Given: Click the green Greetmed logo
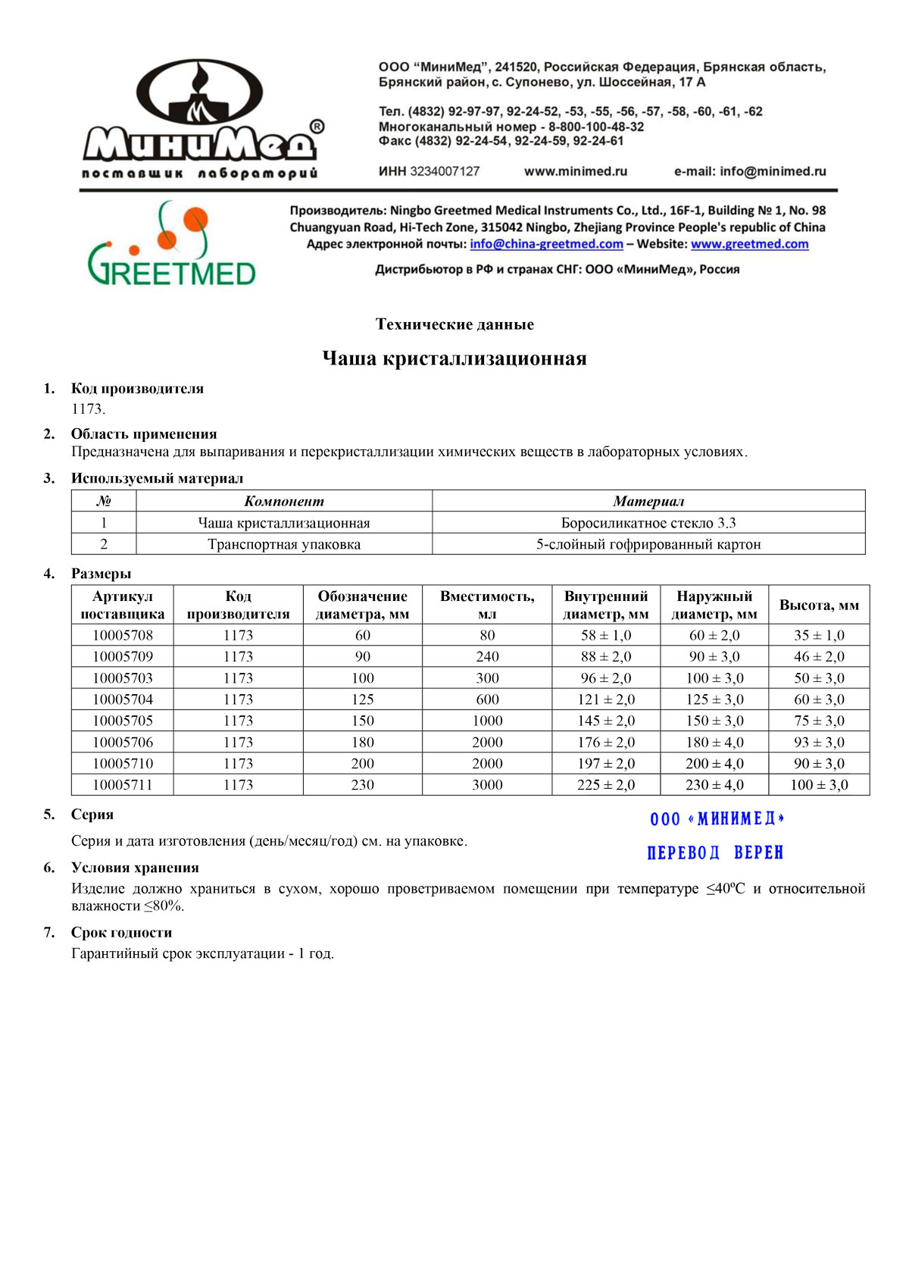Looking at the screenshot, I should [172, 244].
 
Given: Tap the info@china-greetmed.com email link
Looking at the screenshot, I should [546, 244].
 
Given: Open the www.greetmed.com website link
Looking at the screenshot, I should [749, 244].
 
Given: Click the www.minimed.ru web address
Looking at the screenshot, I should [576, 171].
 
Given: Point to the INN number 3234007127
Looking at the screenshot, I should [445, 171].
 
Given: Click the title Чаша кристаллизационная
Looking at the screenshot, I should [454, 358].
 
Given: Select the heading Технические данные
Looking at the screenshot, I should [454, 324].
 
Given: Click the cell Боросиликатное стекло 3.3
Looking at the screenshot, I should [648, 523].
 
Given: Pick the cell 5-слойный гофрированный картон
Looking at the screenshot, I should [648, 544].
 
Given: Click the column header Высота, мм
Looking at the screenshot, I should [819, 605].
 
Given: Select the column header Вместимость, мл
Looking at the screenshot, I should [487, 605].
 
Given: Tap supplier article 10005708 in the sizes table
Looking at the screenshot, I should [123, 635].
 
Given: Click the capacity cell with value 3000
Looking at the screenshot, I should [487, 785].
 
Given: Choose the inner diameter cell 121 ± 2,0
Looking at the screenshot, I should [606, 699].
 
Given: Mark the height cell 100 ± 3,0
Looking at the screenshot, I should [819, 785].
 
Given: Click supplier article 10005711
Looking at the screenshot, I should [123, 785].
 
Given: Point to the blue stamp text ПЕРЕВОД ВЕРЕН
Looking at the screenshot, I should [715, 853].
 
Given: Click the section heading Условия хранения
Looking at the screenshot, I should [135, 868].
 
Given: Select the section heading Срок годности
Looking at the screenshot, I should [121, 933].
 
